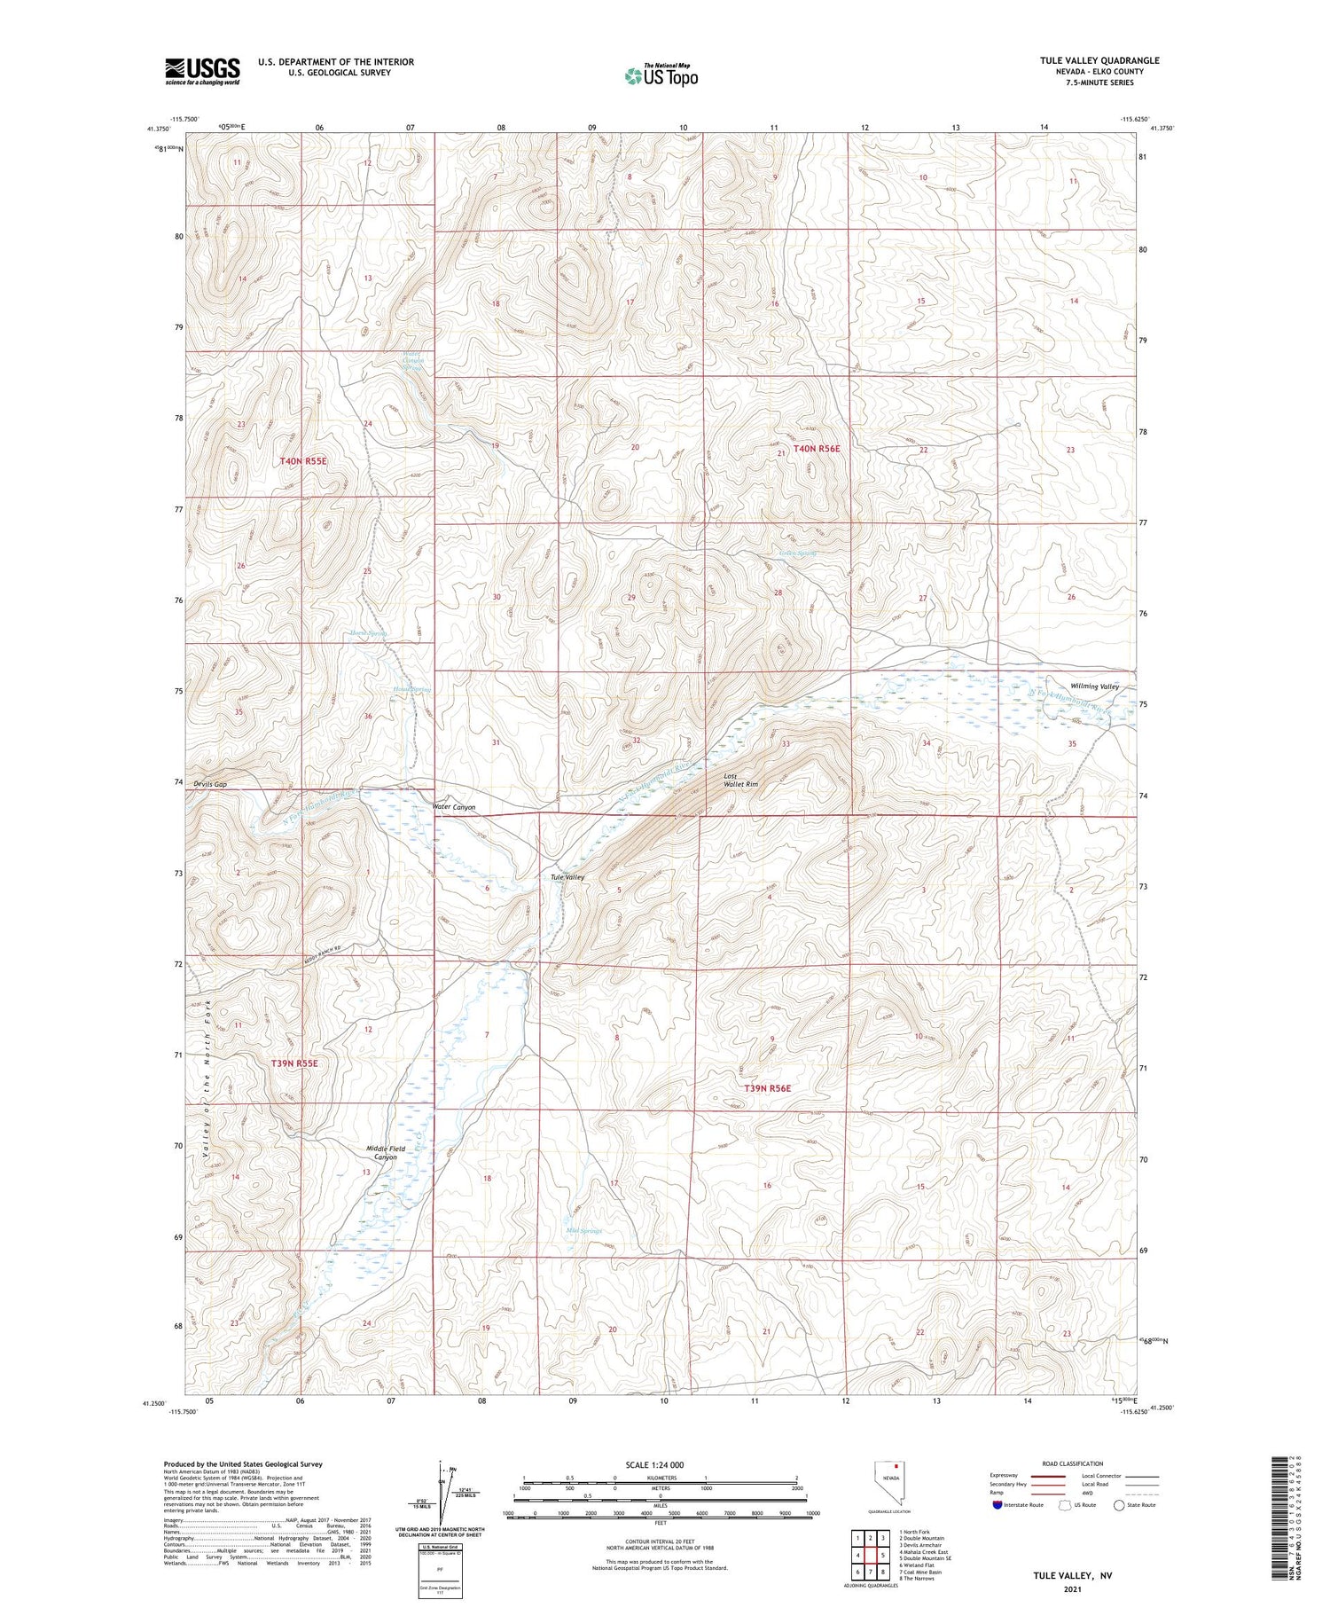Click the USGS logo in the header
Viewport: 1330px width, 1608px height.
pos(202,71)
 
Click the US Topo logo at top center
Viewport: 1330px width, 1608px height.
pos(661,76)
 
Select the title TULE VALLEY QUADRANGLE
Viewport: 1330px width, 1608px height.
pos(1099,60)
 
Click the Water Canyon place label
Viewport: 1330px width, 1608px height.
pos(454,807)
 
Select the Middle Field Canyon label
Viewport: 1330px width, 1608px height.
pos(386,1153)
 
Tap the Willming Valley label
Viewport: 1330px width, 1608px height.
pos(1094,686)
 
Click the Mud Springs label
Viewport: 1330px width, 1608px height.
pos(583,1231)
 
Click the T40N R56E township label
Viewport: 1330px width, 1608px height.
pos(816,449)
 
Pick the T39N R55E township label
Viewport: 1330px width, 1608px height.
pos(294,1063)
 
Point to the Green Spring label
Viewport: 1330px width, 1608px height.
pos(797,553)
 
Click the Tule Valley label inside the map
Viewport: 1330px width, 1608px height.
pos(567,877)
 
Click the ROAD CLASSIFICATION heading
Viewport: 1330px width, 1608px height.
pos(1073,1464)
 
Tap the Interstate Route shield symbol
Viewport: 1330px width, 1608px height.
pos(997,1505)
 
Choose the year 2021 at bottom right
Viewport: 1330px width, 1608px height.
pos(1071,1588)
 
